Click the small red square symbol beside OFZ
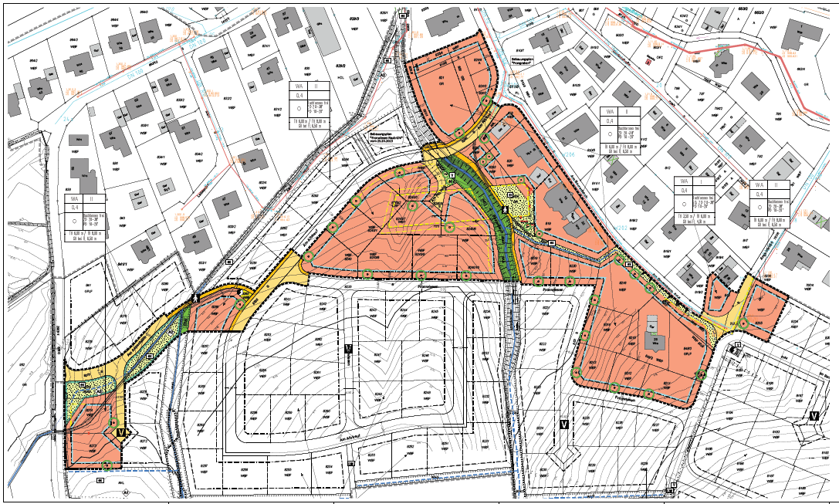click(648, 62)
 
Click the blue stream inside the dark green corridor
click(494, 216)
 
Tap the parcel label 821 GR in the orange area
click(442, 81)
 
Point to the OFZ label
click(659, 57)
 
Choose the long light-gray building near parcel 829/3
click(318, 35)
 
